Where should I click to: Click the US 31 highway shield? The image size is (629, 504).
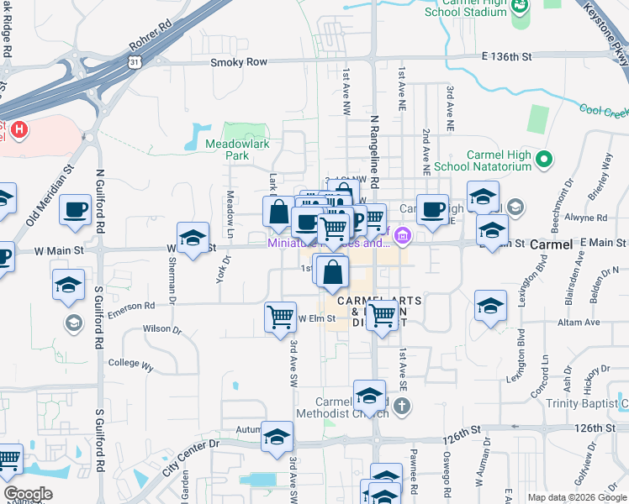(135, 61)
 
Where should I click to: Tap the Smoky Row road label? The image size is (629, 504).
(238, 62)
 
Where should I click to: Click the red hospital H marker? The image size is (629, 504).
(19, 131)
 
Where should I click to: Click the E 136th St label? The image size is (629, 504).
(508, 56)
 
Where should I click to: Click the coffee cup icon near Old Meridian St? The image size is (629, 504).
(75, 210)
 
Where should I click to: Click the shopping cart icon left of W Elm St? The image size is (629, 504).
(280, 318)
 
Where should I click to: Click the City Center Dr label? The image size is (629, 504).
(191, 455)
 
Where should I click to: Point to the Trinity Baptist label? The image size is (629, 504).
(592, 403)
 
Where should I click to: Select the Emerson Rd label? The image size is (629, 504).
(137, 306)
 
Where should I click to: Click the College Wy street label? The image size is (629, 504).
(131, 365)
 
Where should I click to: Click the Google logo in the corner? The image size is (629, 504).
(28, 494)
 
